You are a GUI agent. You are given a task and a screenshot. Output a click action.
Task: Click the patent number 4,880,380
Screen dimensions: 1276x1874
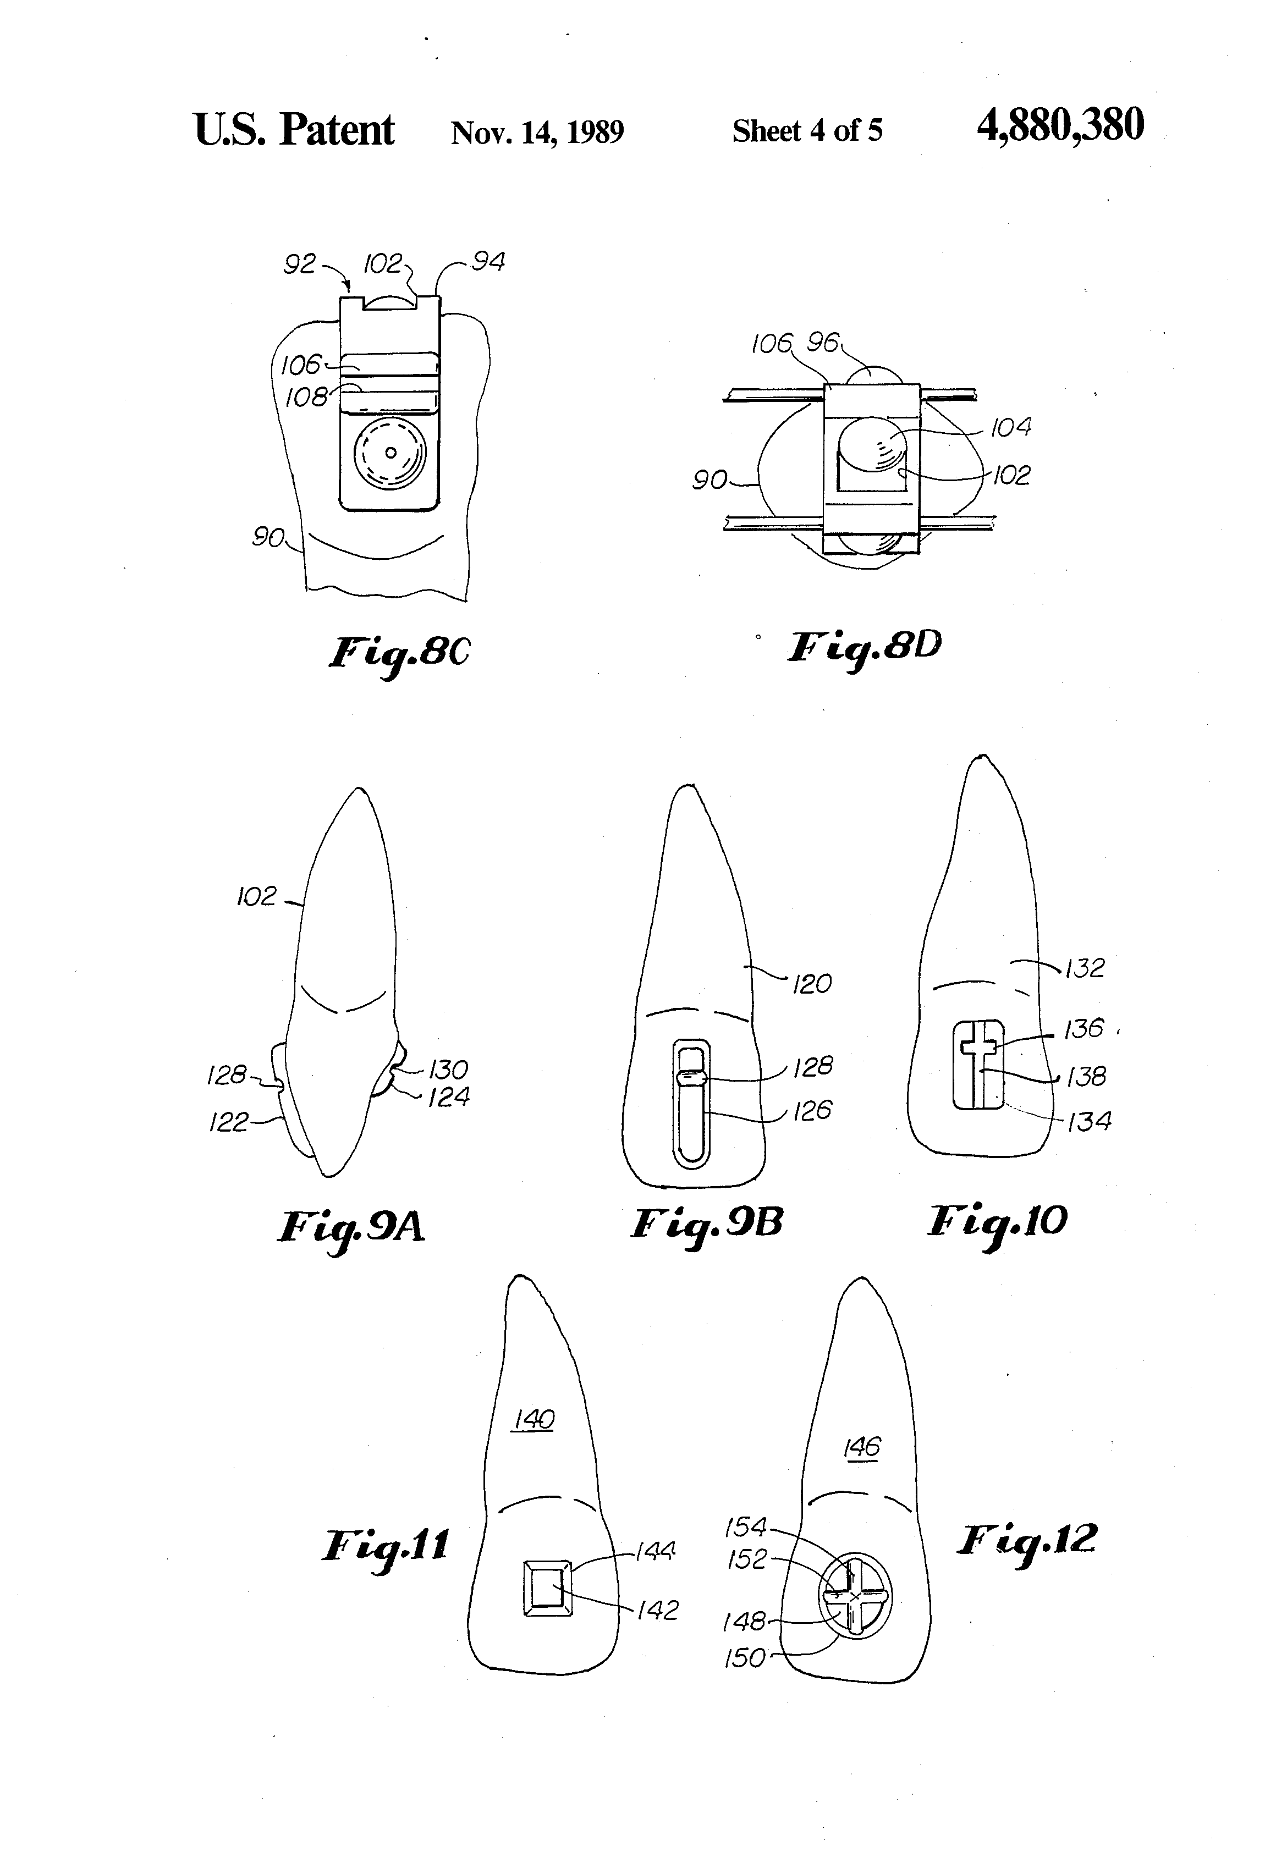click(1059, 126)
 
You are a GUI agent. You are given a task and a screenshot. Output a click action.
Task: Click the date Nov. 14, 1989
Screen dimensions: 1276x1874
click(537, 131)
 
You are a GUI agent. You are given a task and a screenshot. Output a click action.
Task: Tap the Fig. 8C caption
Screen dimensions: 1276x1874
click(398, 653)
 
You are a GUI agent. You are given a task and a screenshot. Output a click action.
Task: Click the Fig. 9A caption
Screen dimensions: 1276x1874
click(351, 1228)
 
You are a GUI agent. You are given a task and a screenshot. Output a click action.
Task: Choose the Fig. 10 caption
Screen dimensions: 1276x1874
click(997, 1222)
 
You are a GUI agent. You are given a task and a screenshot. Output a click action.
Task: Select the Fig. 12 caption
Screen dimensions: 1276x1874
click(1027, 1540)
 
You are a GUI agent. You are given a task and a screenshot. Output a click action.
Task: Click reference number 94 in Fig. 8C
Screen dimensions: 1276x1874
click(488, 262)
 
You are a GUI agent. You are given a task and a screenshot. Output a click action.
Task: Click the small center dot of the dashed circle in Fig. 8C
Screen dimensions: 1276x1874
click(391, 453)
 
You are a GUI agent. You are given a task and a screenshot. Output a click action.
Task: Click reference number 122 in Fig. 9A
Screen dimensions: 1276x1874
click(228, 1122)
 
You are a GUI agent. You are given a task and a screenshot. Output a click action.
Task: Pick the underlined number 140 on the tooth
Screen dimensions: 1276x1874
click(533, 1419)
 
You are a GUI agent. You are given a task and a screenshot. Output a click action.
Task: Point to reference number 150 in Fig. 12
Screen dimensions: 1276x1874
click(745, 1658)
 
